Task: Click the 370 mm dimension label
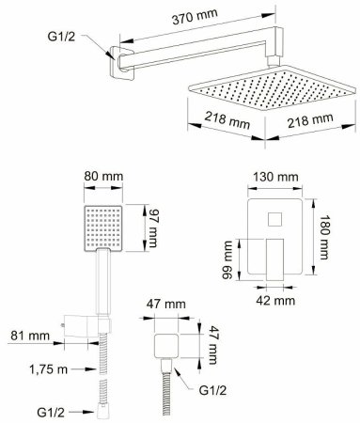pos(195,16)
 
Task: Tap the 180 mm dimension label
pos(323,237)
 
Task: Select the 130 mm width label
pos(275,177)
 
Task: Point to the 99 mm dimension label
pos(227,259)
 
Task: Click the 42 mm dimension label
pos(275,301)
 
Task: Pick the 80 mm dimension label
pos(103,176)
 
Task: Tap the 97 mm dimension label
pos(152,227)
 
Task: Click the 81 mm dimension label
pos(30,336)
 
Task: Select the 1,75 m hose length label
pos(49,369)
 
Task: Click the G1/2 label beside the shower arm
pos(61,37)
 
